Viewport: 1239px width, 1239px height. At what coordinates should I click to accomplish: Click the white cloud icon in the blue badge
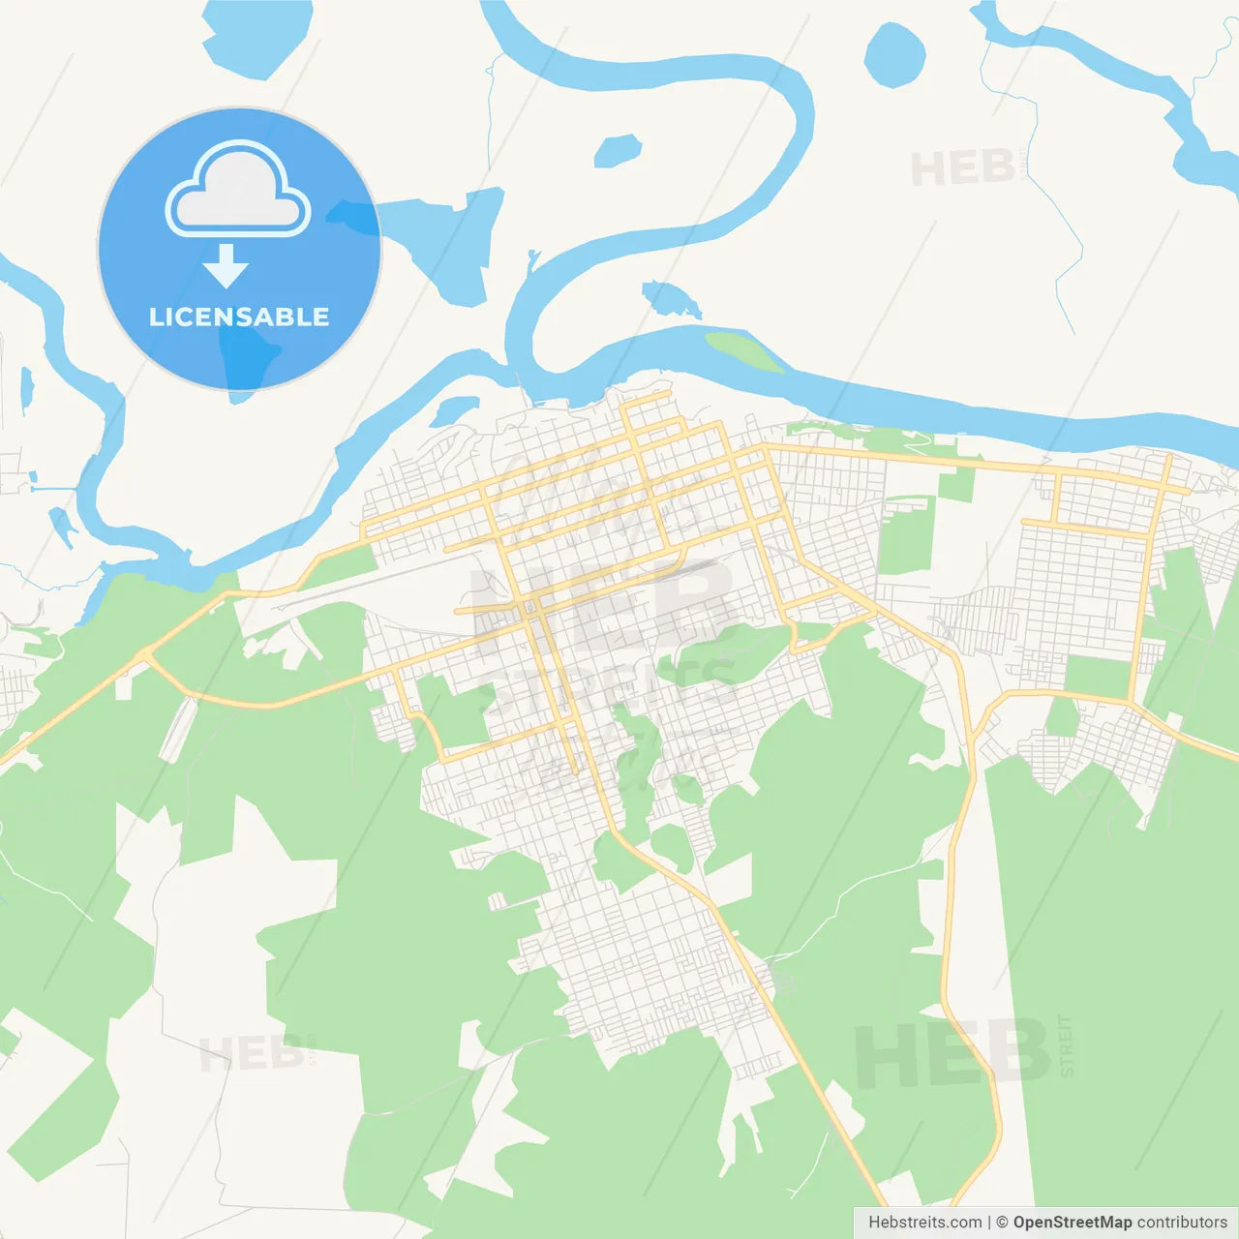(x=238, y=190)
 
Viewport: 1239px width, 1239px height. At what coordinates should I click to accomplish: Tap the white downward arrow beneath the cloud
(x=227, y=266)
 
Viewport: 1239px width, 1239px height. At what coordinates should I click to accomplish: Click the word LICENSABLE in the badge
(x=239, y=317)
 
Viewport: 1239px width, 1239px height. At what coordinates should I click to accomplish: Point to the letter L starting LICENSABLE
(x=156, y=317)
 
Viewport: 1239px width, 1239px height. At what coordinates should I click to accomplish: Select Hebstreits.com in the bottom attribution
(x=924, y=1223)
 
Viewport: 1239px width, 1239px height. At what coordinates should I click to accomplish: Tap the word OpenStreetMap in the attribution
(x=1072, y=1223)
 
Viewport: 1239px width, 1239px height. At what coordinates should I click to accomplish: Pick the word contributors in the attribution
(x=1182, y=1223)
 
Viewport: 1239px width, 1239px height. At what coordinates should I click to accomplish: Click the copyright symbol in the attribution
(x=1002, y=1223)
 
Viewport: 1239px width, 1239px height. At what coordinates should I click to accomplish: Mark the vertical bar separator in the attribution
(x=989, y=1223)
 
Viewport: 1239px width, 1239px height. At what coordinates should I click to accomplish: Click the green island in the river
(x=743, y=351)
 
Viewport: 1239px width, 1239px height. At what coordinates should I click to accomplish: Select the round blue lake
(x=894, y=54)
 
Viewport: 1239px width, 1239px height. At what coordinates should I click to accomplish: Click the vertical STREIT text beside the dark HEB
(x=1067, y=1046)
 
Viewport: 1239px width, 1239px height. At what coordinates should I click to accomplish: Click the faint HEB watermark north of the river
(x=962, y=169)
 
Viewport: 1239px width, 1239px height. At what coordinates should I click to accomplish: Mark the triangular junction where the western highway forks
(x=145, y=657)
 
